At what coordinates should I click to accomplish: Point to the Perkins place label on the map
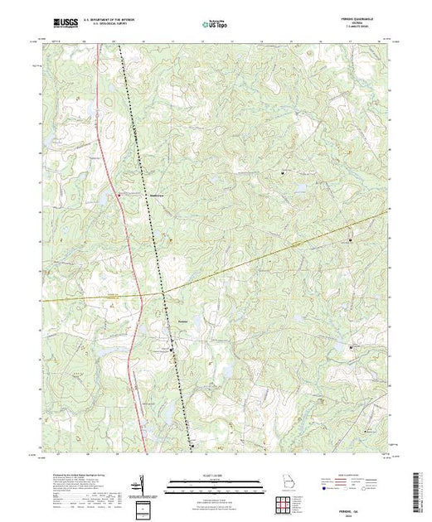[184, 321]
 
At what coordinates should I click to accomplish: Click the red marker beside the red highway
[119, 195]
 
